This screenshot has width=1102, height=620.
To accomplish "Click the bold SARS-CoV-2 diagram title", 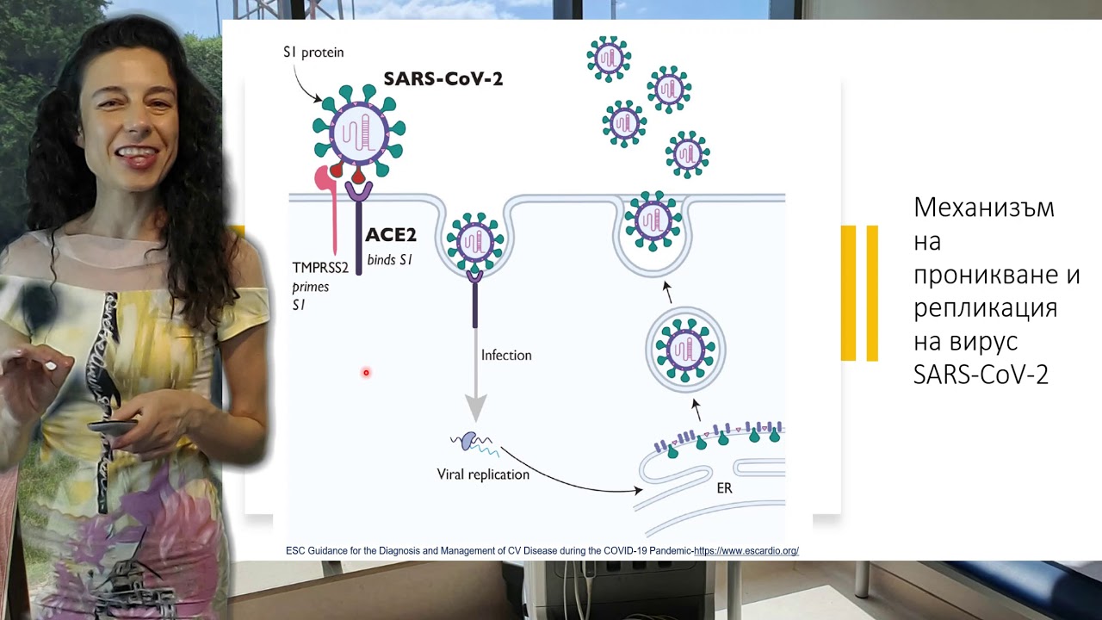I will pos(443,78).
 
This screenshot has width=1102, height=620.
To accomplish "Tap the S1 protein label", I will pos(313,53).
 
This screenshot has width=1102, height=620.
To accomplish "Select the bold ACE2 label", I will pos(390,235).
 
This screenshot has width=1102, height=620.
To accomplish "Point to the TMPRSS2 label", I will pos(320,268).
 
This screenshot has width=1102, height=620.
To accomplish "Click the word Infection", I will pos(506,355).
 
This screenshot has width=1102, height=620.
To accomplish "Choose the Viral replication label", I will pos(483,474).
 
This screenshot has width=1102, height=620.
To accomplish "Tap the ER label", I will pos(724,488).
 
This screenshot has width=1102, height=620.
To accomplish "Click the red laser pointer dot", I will pos(366,373).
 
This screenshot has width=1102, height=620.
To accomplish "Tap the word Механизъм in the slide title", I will pos(983,208).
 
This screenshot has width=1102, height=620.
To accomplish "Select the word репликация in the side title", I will pos(985,307).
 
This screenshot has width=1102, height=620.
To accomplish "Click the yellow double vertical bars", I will pos(859,293).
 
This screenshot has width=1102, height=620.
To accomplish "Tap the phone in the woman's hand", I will pos(113,426).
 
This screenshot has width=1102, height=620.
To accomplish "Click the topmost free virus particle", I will pos(609,59).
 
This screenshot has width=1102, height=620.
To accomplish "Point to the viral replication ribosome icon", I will pos(468,442).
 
